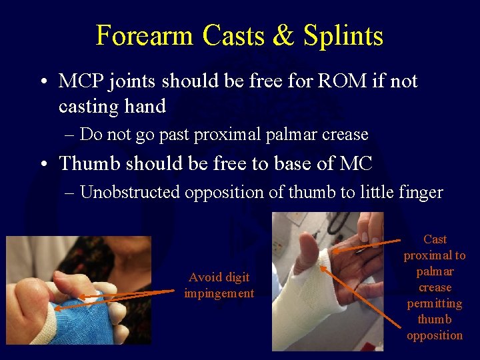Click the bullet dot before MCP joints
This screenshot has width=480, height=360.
(x=42, y=83)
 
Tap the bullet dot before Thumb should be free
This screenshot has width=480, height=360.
(x=42, y=164)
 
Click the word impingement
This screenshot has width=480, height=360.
(x=219, y=293)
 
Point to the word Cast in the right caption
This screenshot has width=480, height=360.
(x=435, y=239)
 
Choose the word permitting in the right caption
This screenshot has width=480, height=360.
(x=435, y=303)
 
